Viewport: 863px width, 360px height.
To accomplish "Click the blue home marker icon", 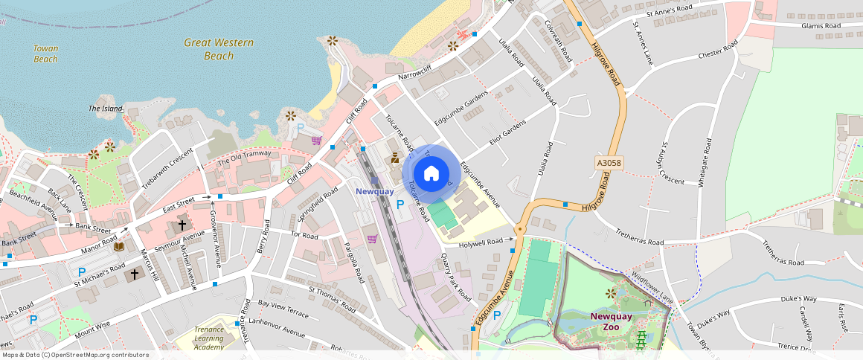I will (431, 174).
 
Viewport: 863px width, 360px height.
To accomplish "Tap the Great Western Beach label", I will (219, 49).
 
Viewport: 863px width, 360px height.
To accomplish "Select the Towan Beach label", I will (45, 54).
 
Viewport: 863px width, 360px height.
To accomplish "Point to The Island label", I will (105, 109).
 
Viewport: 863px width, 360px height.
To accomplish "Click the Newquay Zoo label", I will (611, 321).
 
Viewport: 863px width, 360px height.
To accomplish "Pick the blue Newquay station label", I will (374, 191).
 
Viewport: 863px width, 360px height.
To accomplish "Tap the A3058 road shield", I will (608, 161).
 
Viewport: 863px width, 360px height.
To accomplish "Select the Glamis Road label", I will (821, 26).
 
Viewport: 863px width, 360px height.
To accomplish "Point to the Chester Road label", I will (717, 54).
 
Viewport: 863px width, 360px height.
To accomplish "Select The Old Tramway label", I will (244, 158).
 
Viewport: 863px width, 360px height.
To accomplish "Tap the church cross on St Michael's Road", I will (135, 274).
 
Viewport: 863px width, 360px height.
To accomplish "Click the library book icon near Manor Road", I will (119, 246).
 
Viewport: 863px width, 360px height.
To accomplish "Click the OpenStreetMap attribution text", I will (75, 355).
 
